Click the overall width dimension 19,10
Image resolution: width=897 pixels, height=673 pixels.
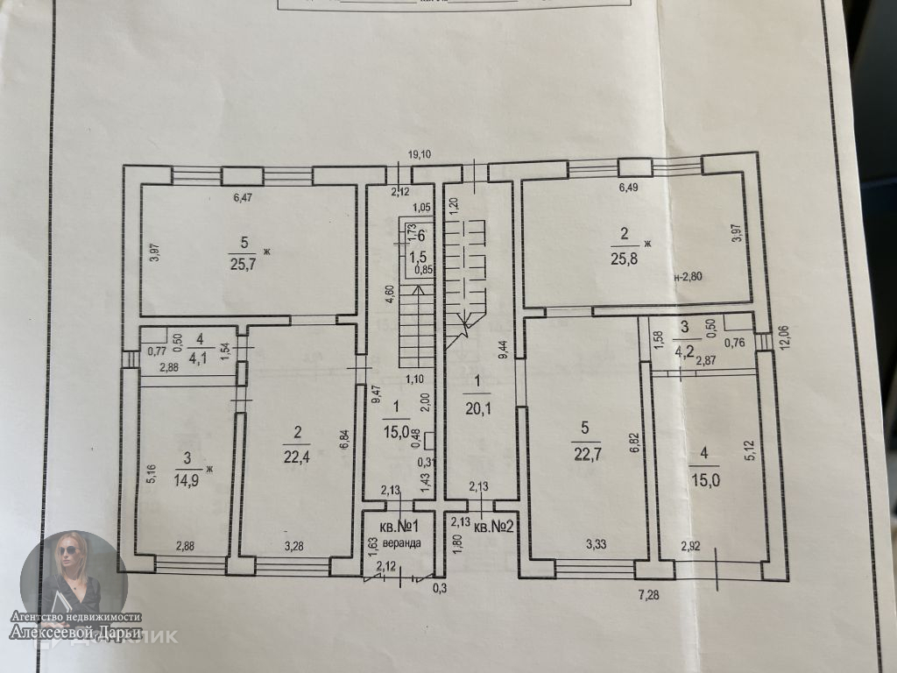tap(424, 154)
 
